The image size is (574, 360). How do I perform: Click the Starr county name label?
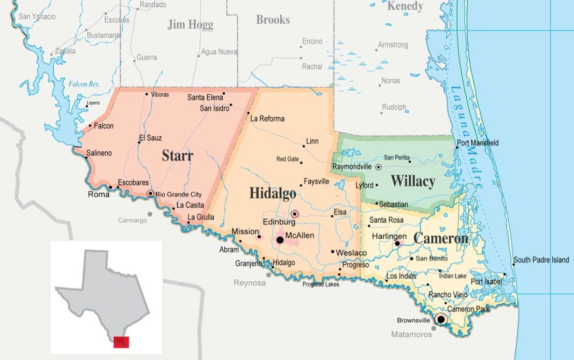coord(177,155)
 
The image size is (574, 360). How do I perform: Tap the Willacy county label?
coord(412,181)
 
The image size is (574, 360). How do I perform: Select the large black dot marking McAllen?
coord(280,240)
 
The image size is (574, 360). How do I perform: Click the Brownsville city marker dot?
coord(441,319)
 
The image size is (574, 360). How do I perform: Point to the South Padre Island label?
coord(541,260)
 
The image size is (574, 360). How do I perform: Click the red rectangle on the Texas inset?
coord(121,342)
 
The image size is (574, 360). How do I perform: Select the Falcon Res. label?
coord(84,84)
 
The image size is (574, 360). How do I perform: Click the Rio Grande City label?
coord(178,194)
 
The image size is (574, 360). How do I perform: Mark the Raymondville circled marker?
coord(379,167)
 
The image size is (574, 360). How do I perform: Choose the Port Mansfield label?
coord(477,143)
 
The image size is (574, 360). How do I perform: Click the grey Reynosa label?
coord(249,283)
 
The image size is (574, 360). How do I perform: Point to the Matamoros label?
coord(411,335)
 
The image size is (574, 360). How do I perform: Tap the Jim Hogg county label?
coord(190,24)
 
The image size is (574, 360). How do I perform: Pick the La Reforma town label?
coord(267,119)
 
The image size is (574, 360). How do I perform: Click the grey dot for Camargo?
coord(150,213)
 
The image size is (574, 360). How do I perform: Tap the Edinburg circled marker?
coord(295,213)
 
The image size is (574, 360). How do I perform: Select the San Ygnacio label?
coord(37,17)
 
